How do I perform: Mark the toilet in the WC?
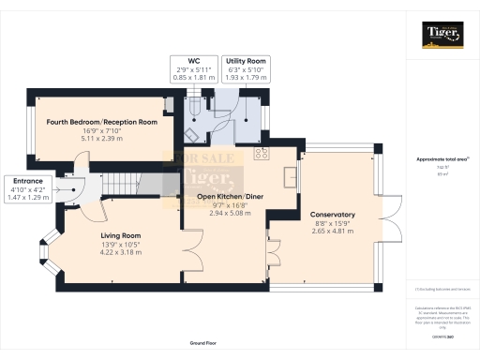[x=194, y=110]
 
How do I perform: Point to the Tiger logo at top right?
[x=442, y=37]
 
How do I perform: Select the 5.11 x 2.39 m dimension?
[x=95, y=137]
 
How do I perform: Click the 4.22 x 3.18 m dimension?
[x=120, y=252]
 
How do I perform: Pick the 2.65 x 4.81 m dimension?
[x=332, y=231]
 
